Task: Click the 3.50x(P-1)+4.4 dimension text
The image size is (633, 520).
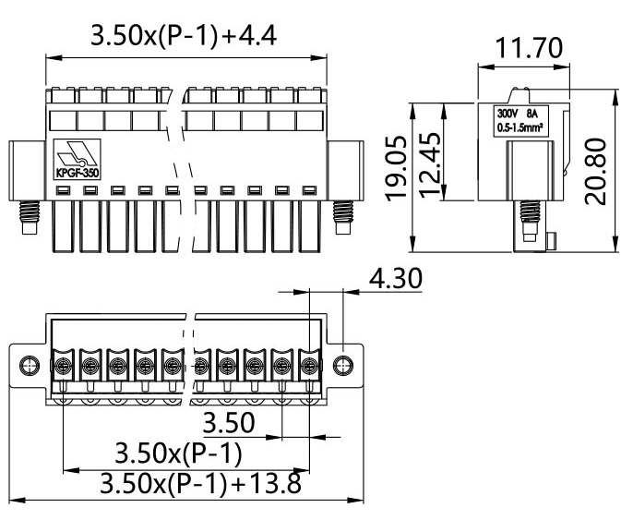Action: point(185,37)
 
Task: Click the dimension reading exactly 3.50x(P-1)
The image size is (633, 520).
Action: point(178,454)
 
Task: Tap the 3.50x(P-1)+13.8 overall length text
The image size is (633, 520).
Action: point(200,484)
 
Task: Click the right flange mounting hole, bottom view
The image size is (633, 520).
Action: point(346,365)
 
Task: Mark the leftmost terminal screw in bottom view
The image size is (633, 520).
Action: point(62,367)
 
